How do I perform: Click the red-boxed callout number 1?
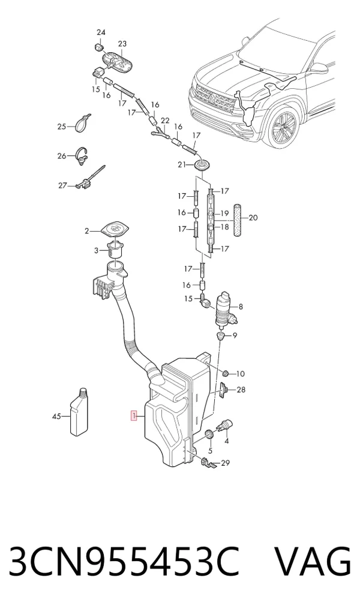click(x=134, y=416)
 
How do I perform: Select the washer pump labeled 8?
click(x=224, y=310)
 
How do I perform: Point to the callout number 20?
click(x=253, y=217)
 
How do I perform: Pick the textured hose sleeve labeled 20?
click(x=238, y=220)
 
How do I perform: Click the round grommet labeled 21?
click(x=202, y=166)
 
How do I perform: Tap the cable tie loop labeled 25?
click(x=82, y=123)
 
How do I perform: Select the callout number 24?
click(x=101, y=32)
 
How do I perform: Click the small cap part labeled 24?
click(x=98, y=48)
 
